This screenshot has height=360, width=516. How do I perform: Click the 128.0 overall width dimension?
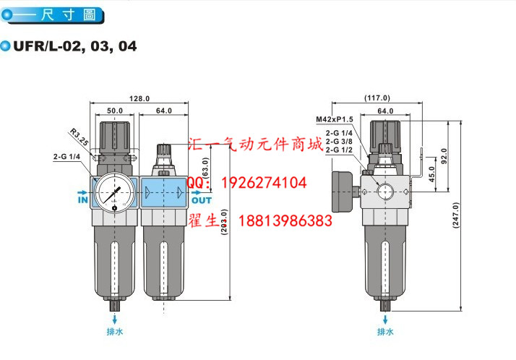(x=139, y=98)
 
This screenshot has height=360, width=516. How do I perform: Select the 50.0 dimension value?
(x=115, y=111)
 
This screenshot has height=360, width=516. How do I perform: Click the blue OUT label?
(x=202, y=200)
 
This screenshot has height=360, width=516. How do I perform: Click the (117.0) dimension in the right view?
(x=377, y=98)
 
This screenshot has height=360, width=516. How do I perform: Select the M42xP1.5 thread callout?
(x=333, y=119)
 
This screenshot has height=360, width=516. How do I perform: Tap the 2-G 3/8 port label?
(x=339, y=142)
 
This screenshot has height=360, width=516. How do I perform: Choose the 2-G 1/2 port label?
(x=339, y=150)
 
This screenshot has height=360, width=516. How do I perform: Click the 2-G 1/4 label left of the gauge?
(x=66, y=155)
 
